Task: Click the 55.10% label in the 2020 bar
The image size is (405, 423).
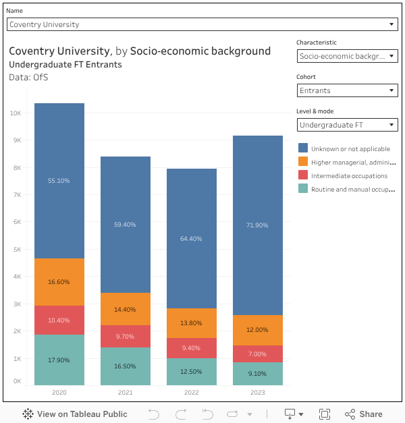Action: coord(59,181)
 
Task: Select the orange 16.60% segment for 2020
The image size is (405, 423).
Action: coord(59,282)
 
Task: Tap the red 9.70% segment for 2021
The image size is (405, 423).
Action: coord(125,336)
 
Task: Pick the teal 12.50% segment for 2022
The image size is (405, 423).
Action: coord(191,372)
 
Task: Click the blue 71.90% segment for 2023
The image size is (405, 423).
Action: coord(257,225)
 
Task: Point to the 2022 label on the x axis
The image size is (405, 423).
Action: coord(191,392)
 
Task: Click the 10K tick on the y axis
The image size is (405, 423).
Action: coord(15,113)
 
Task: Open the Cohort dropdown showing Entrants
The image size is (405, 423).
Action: coord(347,90)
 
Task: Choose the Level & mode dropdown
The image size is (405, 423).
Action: coord(347,125)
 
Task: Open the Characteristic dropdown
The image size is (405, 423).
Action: coord(347,56)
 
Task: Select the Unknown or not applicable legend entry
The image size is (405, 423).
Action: coord(350,148)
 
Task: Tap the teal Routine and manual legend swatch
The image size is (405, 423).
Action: coord(303,189)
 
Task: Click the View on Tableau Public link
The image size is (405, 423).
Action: coord(75,414)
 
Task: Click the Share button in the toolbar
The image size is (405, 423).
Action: coord(364,414)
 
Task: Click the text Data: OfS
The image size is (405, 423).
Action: coord(28,78)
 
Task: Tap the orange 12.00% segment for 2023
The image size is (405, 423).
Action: coord(257,330)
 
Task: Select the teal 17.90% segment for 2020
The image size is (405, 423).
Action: coord(59,360)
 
